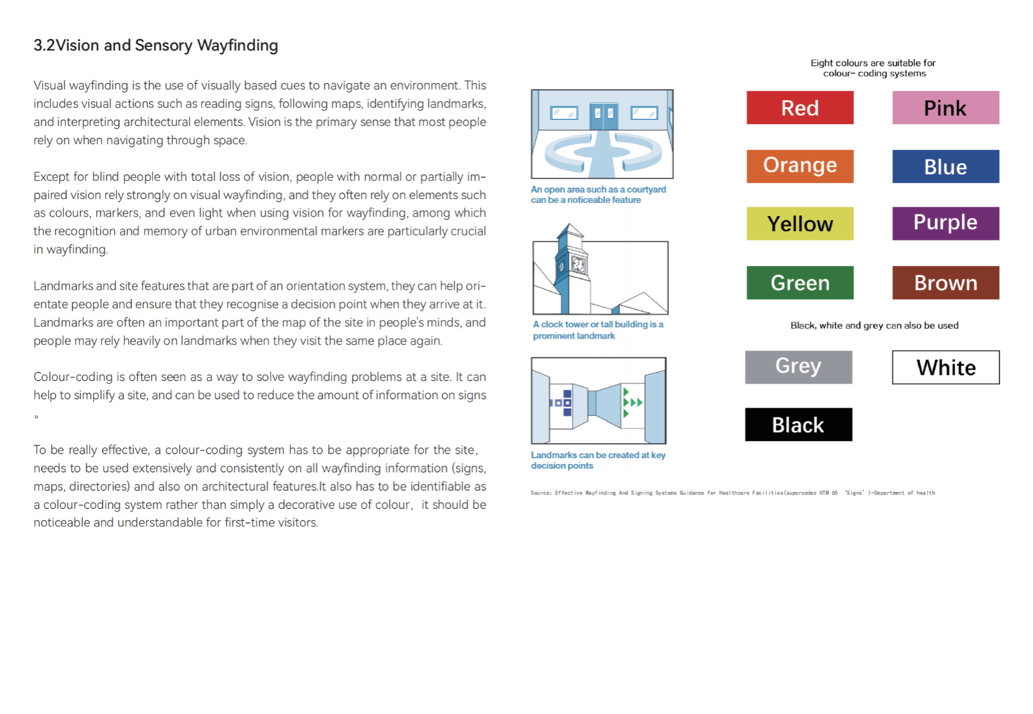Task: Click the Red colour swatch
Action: pos(799,108)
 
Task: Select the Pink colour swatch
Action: pos(945,108)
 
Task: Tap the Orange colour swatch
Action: pos(799,166)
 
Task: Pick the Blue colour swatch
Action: pos(945,166)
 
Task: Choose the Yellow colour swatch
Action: pos(799,223)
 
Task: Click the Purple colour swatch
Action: pos(945,223)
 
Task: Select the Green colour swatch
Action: pos(799,282)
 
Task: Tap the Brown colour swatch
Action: pos(945,282)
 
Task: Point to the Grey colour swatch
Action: pos(798,367)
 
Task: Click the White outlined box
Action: pos(945,367)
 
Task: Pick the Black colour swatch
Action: pos(798,424)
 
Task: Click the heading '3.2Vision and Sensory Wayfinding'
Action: pos(156,46)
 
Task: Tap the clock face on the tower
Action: pos(578,264)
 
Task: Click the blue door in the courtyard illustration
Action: pos(603,116)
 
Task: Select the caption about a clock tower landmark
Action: pos(598,330)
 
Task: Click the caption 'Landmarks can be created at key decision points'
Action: pos(598,460)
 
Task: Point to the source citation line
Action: pos(732,493)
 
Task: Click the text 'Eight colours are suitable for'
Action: pos(873,63)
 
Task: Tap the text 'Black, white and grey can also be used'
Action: pos(874,326)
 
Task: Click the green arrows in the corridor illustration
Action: pos(631,402)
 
